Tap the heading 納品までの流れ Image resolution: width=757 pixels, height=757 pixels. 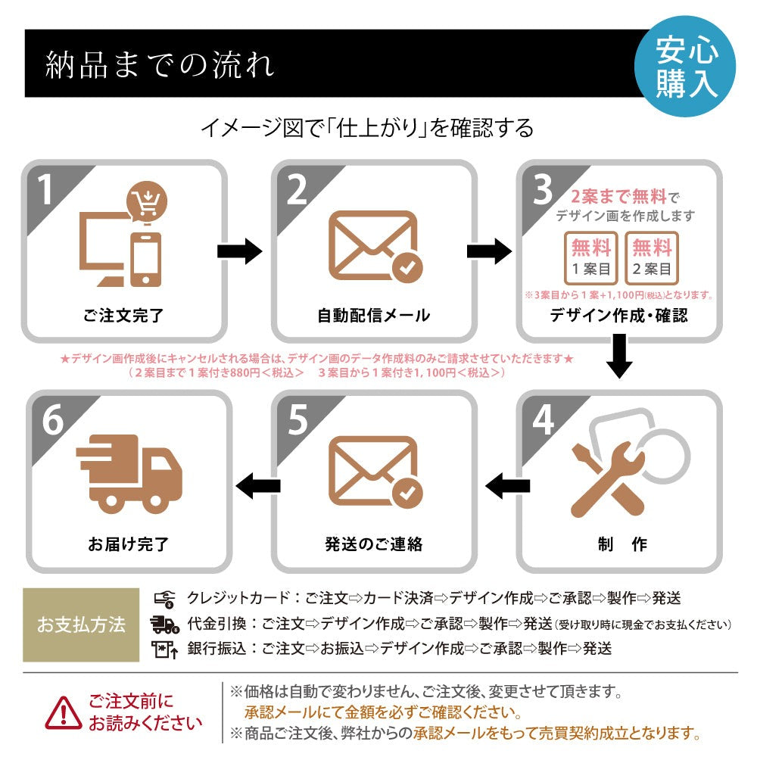tap(160, 65)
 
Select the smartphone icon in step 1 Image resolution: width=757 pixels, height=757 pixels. tap(145, 257)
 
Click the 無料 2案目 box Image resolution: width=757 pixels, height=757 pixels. tap(652, 257)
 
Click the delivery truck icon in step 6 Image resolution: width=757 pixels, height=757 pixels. tap(129, 472)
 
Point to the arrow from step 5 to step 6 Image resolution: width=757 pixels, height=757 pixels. tap(256, 484)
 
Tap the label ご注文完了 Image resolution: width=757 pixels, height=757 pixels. tap(123, 315)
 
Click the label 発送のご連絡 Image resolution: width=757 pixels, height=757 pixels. tap(373, 544)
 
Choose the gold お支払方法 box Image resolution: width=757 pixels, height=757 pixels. tap(81, 625)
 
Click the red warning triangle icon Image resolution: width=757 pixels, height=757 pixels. tap(64, 712)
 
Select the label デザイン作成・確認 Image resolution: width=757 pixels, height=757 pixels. tap(619, 315)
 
